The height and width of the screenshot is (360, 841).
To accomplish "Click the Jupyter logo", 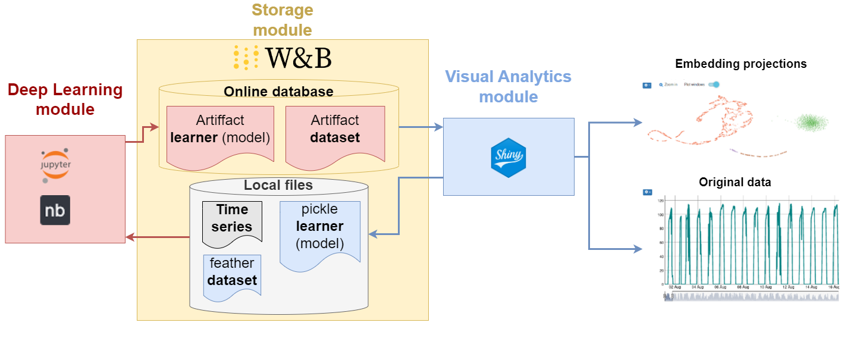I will pyautogui.click(x=55, y=165).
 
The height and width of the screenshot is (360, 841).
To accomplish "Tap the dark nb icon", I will pyautogui.click(x=55, y=210).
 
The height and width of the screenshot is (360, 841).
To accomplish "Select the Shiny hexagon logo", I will pyautogui.click(x=509, y=156).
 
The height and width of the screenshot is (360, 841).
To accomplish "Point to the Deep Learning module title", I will pyautogui.click(x=65, y=99).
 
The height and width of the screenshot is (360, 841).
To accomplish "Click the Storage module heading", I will pyautogui.click(x=282, y=20).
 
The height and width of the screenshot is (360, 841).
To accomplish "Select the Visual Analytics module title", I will pyautogui.click(x=508, y=86).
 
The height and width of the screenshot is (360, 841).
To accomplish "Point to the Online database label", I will pyautogui.click(x=278, y=92).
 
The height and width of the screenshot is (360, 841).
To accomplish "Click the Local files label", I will pyautogui.click(x=278, y=185).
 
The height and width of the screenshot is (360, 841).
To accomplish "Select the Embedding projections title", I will pyautogui.click(x=740, y=64).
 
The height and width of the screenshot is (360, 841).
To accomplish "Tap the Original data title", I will pyautogui.click(x=735, y=182).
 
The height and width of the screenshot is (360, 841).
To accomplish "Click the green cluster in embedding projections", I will pyautogui.click(x=809, y=123).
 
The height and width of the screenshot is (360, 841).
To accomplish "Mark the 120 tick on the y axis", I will pyautogui.click(x=660, y=201).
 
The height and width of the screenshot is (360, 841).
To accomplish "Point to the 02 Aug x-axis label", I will pyautogui.click(x=674, y=287).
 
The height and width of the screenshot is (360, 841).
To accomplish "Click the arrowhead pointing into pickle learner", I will pyautogui.click(x=373, y=234).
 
